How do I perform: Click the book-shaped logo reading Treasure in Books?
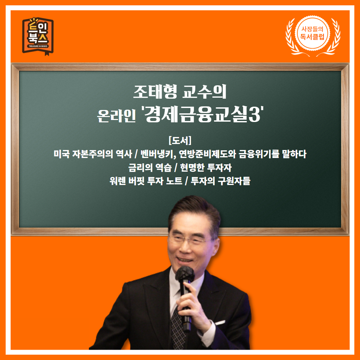(x=38, y=36)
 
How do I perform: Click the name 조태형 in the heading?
(x=155, y=92)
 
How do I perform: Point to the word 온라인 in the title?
(x=116, y=115)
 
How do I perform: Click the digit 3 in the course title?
(x=254, y=114)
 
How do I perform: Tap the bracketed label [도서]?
(x=180, y=140)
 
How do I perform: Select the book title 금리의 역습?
(x=150, y=168)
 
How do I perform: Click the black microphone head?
(x=185, y=274)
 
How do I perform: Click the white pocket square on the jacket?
(x=220, y=323)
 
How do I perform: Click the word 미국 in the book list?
(x=61, y=154)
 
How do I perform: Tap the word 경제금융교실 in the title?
(x=196, y=114)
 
